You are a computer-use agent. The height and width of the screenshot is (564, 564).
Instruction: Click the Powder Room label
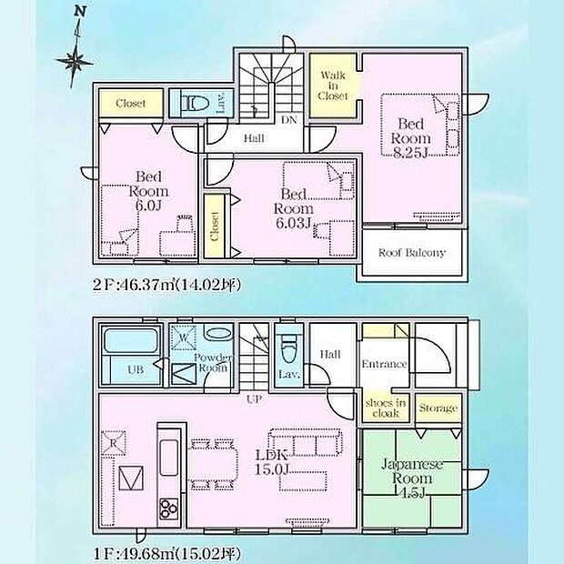pyautogui.click(x=213, y=363)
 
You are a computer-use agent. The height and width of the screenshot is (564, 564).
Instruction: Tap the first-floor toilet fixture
pyautogui.click(x=288, y=348)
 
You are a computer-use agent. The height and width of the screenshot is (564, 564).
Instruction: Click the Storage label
pyautogui.click(x=438, y=408)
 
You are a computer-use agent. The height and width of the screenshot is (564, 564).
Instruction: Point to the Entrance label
pyautogui.click(x=384, y=364)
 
